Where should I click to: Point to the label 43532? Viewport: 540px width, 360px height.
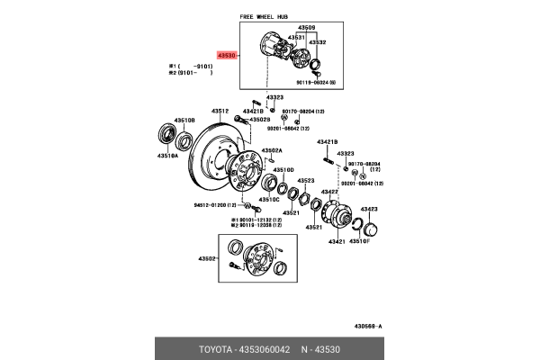(317, 42)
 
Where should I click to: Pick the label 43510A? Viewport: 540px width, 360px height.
(168, 155)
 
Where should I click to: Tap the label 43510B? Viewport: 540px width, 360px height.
(184, 120)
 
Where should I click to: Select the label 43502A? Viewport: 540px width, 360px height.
(272, 150)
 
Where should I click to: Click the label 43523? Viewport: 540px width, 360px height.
(305, 180)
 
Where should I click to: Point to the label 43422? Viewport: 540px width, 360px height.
(330, 192)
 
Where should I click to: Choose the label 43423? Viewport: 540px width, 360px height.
(369, 209)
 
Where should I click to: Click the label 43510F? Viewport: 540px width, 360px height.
(360, 241)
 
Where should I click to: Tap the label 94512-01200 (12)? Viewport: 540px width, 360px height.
(219, 205)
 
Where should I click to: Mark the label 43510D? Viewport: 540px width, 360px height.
(283, 169)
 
